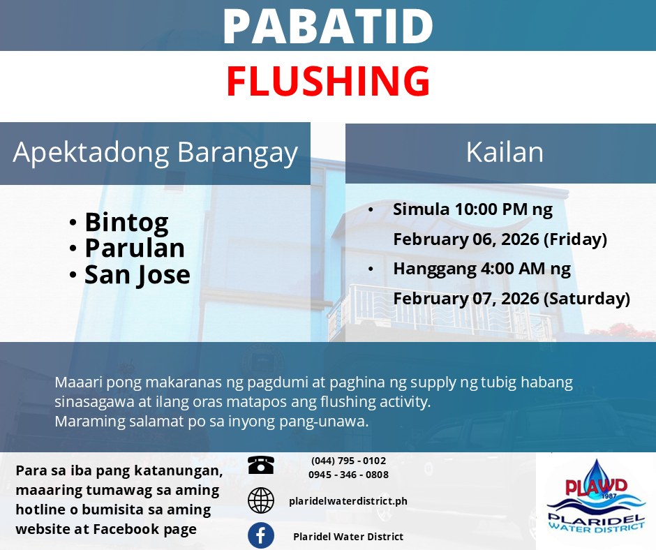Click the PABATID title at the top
328,26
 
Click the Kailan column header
505,151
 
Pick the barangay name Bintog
127,222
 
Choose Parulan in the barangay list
135,248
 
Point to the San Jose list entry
137,275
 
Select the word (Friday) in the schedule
575,239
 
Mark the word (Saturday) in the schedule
586,299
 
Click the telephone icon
260,465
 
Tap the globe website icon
261,500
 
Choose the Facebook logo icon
261,535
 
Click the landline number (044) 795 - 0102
348,461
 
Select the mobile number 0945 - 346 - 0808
348,475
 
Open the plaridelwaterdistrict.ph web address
348,501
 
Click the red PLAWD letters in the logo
596,486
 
